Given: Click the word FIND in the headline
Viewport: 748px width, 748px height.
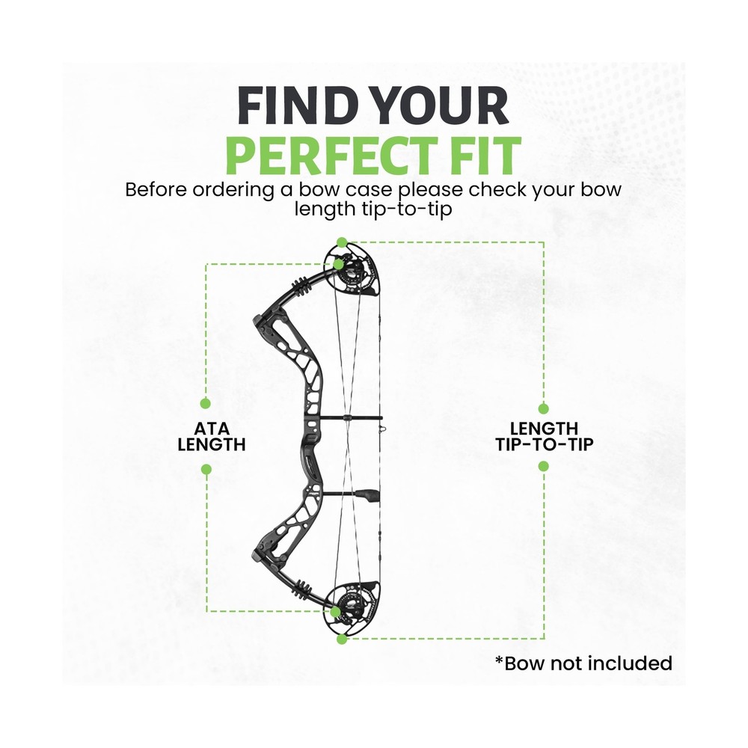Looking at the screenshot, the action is (x=300, y=106).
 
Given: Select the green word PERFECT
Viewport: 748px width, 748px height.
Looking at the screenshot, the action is (x=331, y=156).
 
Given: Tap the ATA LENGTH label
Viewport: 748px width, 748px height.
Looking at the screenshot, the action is (x=212, y=437).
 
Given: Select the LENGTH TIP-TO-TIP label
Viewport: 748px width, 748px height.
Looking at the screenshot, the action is (x=545, y=437).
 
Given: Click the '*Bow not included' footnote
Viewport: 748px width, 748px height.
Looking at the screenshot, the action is (x=584, y=663).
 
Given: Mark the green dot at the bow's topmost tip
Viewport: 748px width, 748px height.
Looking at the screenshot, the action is (x=342, y=242).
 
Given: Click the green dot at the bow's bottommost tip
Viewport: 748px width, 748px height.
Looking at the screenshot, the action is (x=342, y=639).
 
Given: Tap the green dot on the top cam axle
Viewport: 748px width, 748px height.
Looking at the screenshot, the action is (x=338, y=264).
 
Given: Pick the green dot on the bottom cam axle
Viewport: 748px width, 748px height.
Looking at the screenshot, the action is (x=336, y=612).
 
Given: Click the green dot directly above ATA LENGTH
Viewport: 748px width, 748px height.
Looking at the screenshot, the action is (x=206, y=404).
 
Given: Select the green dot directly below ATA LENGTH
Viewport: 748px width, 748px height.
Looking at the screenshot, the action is (x=206, y=470).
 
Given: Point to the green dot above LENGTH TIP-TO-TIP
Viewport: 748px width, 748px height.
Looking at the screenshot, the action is (x=543, y=409).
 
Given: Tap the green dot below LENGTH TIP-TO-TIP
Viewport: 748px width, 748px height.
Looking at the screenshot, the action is (x=543, y=466).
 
